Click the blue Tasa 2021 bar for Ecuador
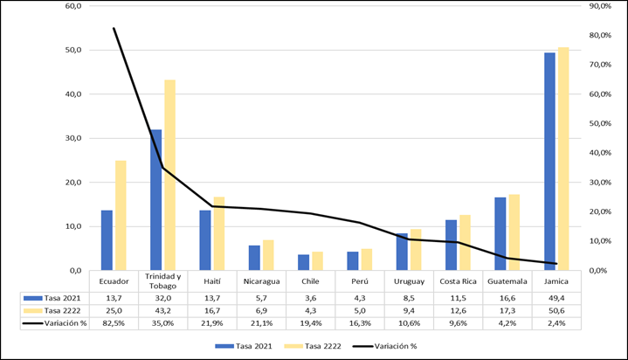point(107,239)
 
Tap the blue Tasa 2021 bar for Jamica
point(549,162)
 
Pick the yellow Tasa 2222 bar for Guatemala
point(514,232)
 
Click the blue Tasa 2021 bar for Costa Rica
point(451,245)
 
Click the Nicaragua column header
point(262,281)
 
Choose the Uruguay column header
point(409,281)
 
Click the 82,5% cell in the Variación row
point(114,322)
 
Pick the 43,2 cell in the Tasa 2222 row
point(163,309)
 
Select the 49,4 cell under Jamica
point(556,297)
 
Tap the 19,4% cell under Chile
point(311,322)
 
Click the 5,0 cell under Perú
point(360,309)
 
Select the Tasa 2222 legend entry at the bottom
point(305,345)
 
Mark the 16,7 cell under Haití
point(212,309)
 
